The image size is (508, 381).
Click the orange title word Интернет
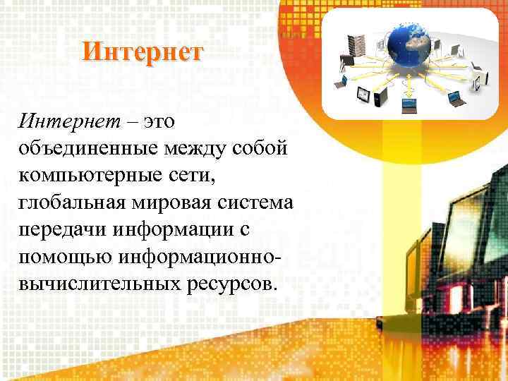(x=142, y=52)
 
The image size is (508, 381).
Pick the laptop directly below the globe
(x=410, y=106)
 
